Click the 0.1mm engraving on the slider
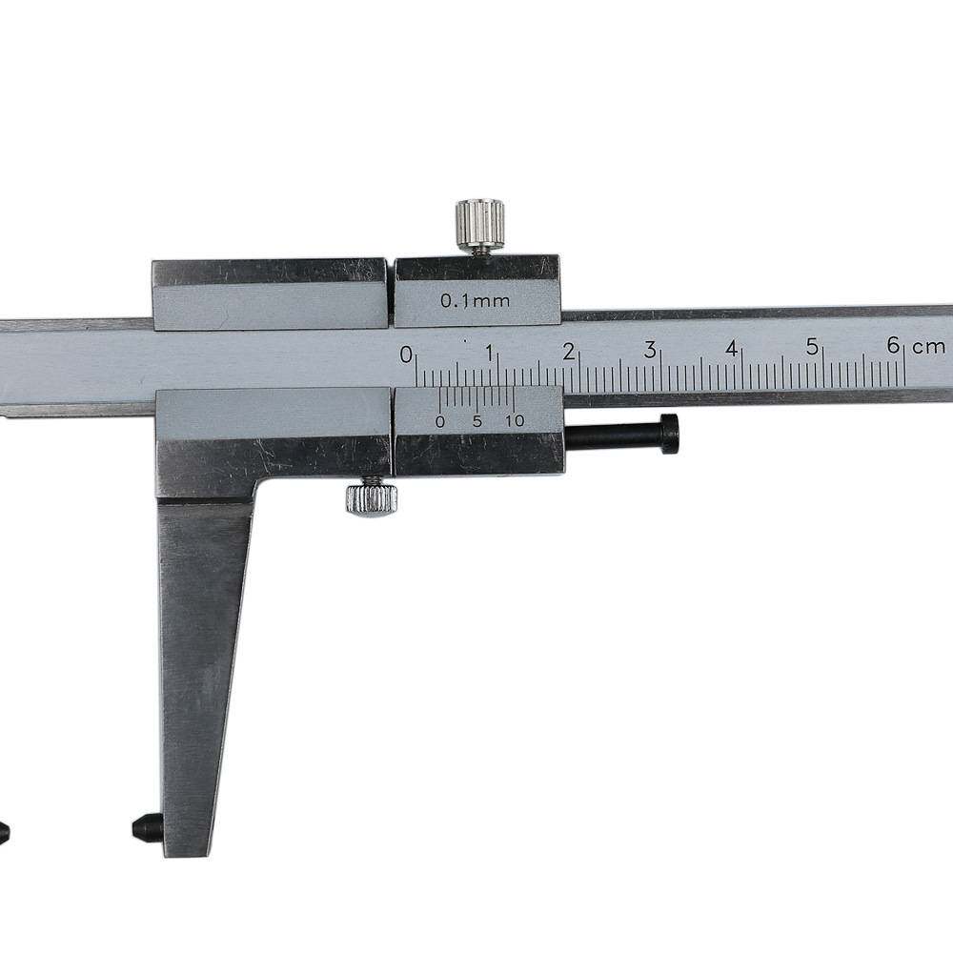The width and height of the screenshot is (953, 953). [475, 301]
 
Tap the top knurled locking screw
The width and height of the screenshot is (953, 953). [479, 223]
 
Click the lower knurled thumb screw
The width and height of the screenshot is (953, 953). [372, 498]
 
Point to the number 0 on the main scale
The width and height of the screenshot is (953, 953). [407, 355]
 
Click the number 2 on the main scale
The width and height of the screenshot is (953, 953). [569, 352]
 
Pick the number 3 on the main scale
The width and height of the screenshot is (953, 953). [650, 350]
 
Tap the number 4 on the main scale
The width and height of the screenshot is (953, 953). [732, 349]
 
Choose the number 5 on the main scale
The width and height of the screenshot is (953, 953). [813, 347]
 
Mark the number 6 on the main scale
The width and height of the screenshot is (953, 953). [893, 345]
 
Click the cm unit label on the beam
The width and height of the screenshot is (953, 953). [929, 346]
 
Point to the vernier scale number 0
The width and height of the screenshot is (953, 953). [439, 421]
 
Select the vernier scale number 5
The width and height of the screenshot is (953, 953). [476, 421]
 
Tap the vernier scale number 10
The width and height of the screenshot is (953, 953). [515, 420]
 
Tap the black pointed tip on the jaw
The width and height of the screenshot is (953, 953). [146, 826]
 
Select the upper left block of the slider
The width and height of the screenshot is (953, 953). [270, 294]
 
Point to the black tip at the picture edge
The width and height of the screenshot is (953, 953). [4, 831]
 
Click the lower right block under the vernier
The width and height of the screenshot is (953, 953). [478, 453]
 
